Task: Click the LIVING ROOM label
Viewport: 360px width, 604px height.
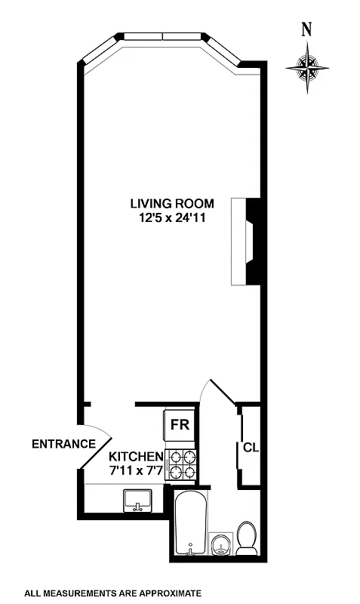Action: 172,203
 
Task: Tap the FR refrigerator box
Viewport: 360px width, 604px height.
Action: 180,424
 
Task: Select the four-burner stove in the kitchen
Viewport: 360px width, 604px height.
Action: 182,465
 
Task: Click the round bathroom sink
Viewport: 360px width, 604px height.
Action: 220,544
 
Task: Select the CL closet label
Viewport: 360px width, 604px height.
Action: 251,448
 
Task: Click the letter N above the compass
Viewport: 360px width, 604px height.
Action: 306,30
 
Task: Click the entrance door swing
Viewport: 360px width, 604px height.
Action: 97,451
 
